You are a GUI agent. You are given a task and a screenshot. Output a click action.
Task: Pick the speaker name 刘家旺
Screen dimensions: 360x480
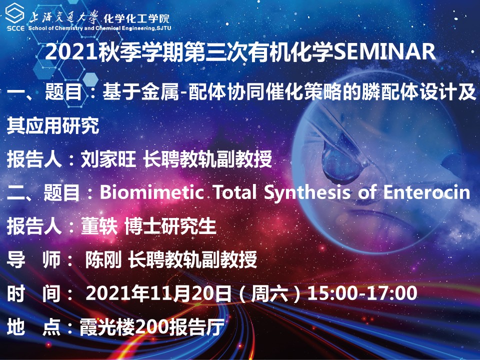click(x=108, y=160)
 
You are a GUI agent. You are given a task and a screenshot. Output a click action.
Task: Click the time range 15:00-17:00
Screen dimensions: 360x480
click(x=362, y=293)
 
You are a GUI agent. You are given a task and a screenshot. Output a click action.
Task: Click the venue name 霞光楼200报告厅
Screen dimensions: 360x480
click(x=144, y=327)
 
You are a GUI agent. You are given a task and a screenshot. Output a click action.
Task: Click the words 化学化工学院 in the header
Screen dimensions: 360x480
click(x=136, y=18)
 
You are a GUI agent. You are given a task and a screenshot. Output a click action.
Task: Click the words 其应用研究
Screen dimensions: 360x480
click(x=52, y=126)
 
